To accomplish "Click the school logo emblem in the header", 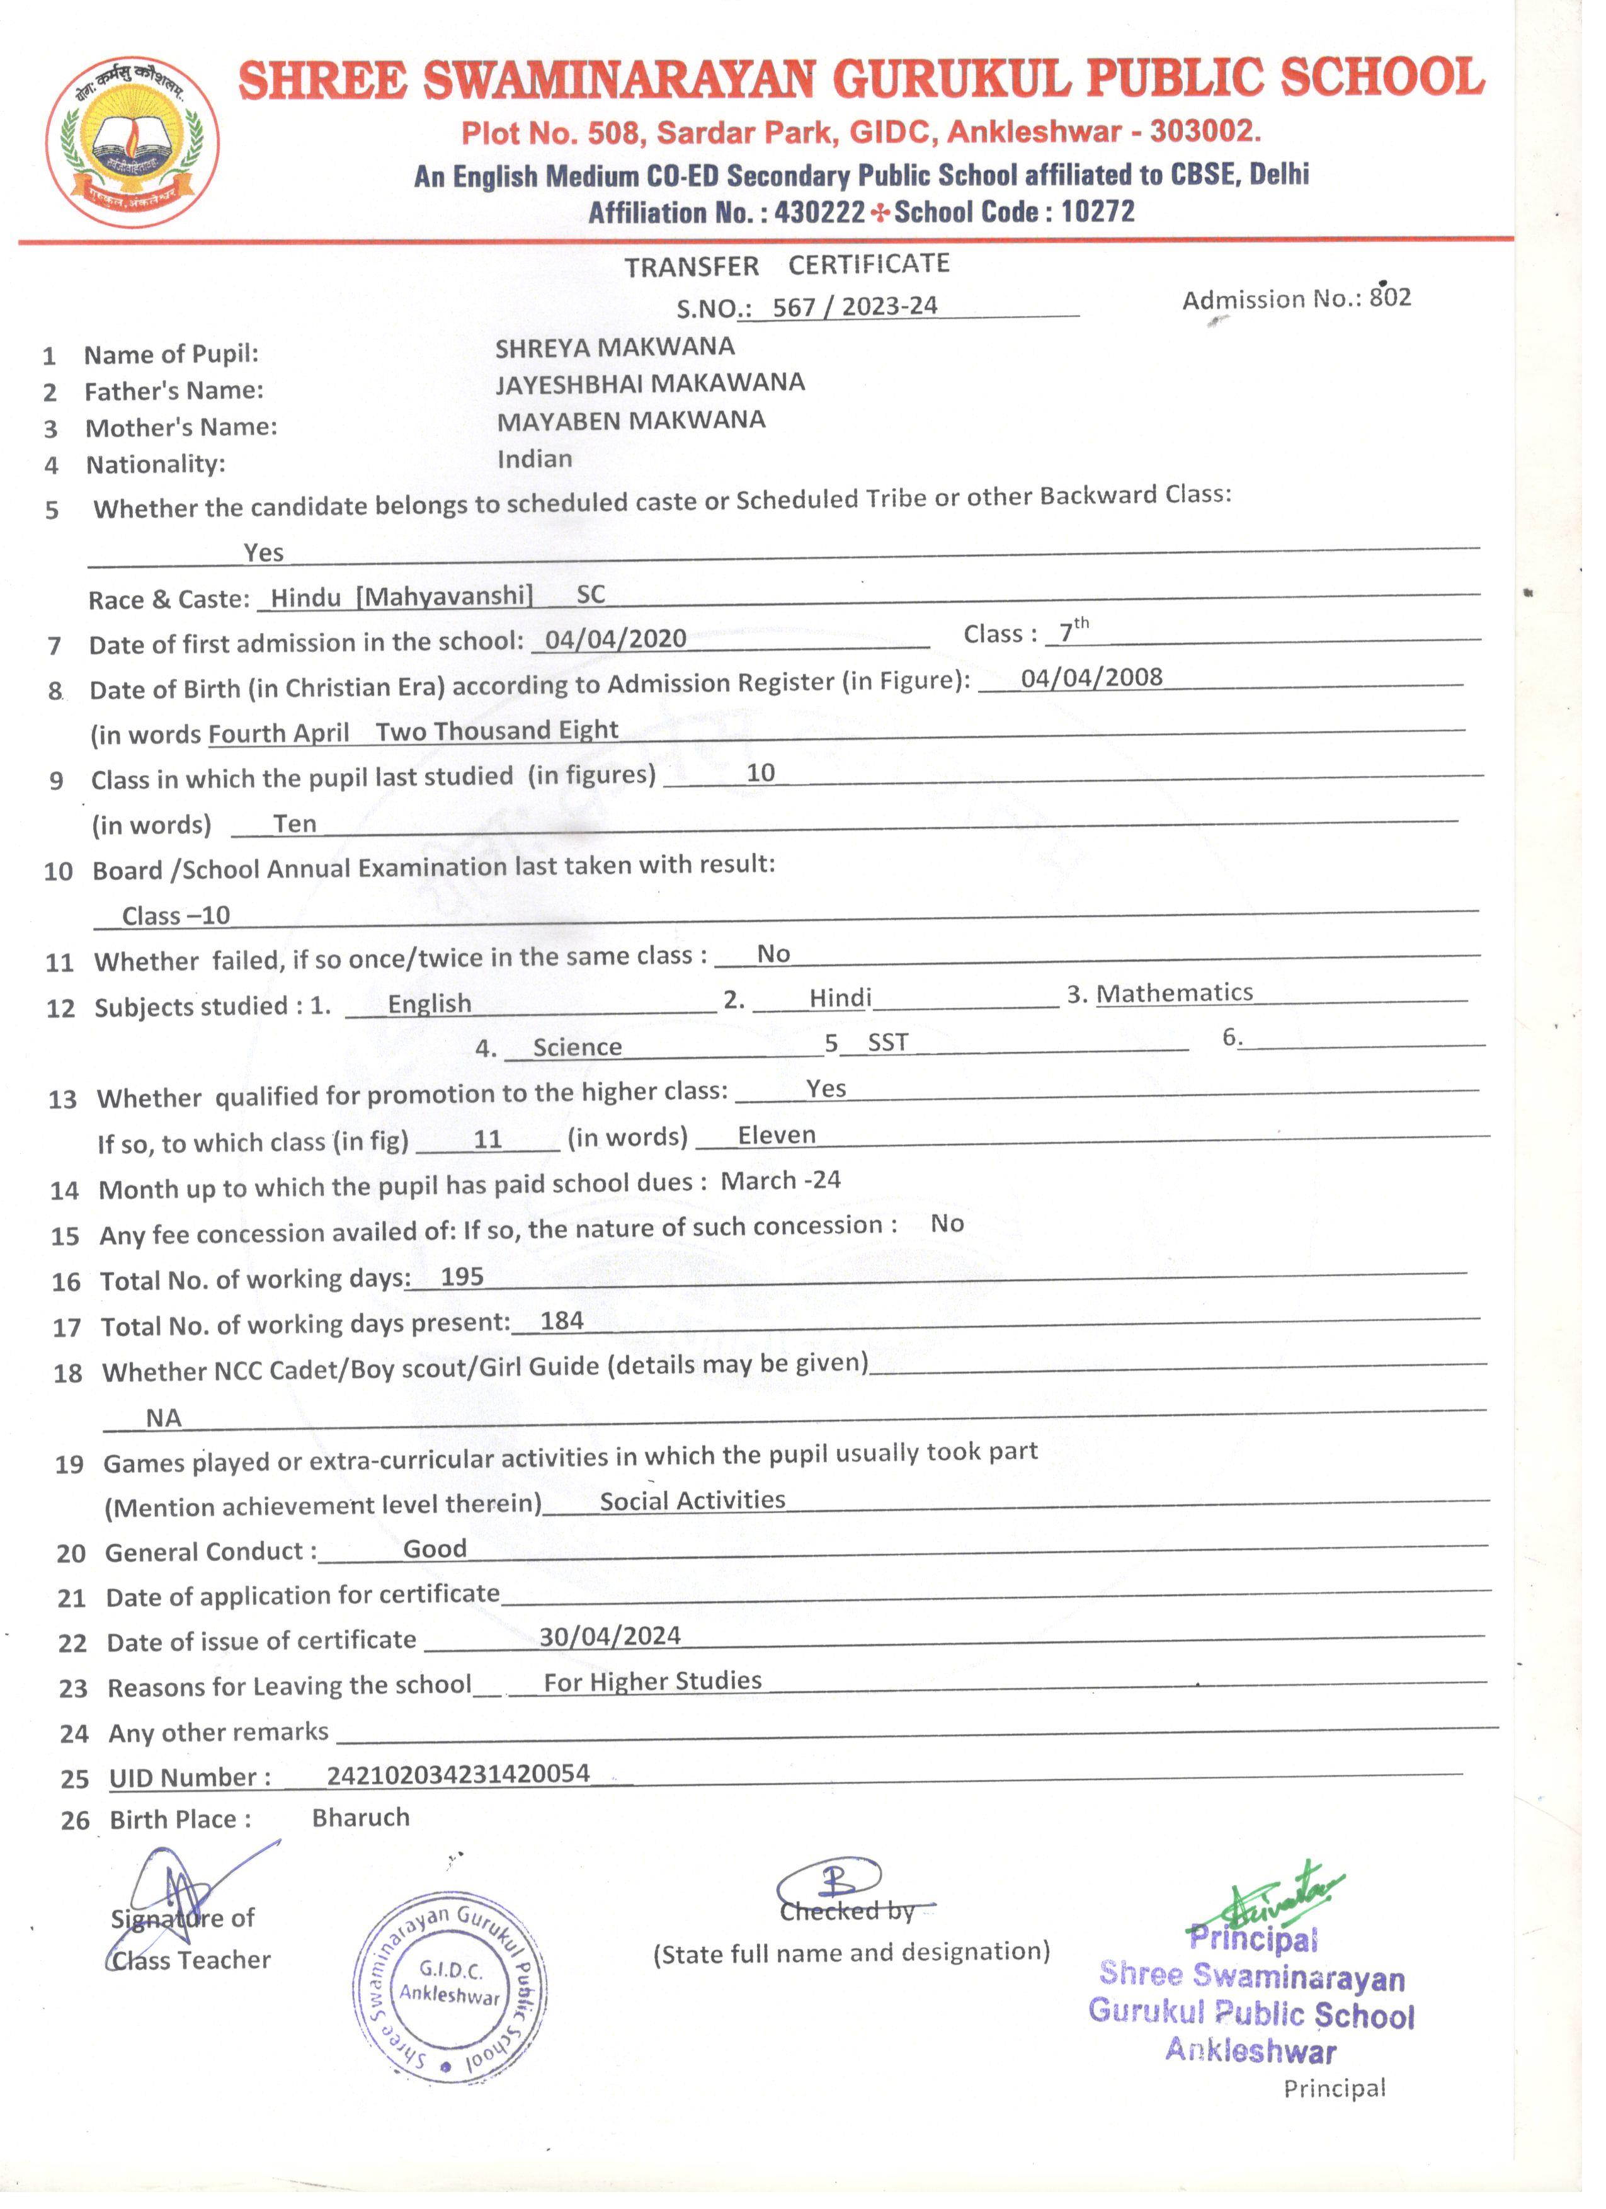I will coord(132,142).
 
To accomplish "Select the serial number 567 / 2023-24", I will coord(854,307).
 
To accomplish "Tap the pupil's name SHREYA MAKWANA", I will coord(615,346).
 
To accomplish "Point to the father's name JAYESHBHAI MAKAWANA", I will coord(649,383).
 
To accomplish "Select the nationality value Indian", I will coord(535,459).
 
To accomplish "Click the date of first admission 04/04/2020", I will coord(615,639).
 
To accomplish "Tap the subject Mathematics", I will coord(1173,993).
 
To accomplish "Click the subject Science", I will coord(578,1047).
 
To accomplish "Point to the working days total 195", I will coord(462,1277).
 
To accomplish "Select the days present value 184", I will coord(562,1321).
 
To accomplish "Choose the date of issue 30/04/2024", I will coord(610,1636).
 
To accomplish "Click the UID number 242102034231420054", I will coord(458,1774).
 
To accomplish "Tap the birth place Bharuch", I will coord(360,1817).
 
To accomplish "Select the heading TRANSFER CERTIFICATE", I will coord(787,265).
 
